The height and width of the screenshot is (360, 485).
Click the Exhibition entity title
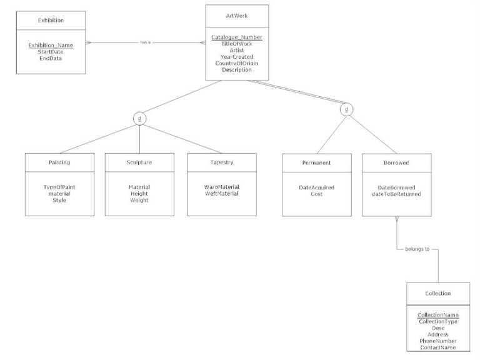coord(51,21)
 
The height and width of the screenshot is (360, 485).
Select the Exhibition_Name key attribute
coord(51,45)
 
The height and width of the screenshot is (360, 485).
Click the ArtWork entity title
coord(237,15)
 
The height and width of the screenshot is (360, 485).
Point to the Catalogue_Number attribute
coord(237,37)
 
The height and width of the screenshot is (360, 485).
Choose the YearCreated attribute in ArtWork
coord(237,57)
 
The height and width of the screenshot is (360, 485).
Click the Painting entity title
coord(59,162)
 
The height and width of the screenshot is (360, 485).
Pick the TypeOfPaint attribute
coord(59,187)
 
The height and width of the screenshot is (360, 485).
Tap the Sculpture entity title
coord(139,162)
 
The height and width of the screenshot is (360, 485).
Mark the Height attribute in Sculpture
coord(139,193)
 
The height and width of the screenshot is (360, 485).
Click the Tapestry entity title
coord(221,162)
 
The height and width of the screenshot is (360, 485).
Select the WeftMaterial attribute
coord(221,193)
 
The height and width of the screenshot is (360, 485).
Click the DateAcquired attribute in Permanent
coord(316,187)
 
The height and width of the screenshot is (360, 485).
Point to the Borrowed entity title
coord(396,162)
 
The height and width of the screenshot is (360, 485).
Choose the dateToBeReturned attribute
coord(396,193)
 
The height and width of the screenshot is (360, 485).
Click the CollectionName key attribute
coord(437,315)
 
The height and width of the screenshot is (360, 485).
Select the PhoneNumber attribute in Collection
coord(437,341)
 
